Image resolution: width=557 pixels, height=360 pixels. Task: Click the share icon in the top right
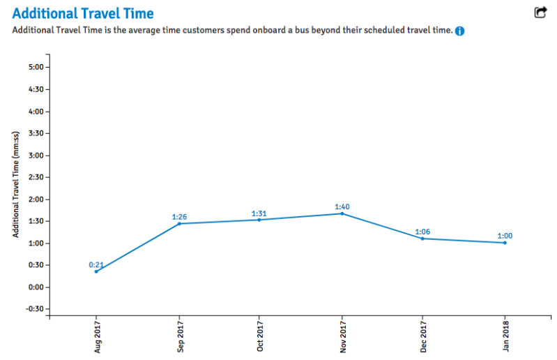tap(540, 13)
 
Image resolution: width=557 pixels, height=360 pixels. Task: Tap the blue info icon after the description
tap(460, 31)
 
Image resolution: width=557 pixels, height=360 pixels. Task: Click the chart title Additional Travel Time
tap(83, 13)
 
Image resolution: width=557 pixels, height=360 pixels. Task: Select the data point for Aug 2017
tap(96, 271)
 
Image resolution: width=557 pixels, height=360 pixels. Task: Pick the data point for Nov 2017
tap(342, 213)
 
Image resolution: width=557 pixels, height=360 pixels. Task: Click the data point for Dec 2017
tap(422, 239)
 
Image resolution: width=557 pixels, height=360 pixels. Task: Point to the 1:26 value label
tap(180, 217)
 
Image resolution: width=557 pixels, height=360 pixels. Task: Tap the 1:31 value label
tap(259, 213)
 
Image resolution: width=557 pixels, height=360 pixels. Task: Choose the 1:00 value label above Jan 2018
tap(505, 236)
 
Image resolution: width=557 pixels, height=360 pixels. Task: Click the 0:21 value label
tap(96, 265)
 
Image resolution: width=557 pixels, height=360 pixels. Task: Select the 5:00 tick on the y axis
tap(35, 68)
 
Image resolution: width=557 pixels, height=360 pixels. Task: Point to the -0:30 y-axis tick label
tap(33, 309)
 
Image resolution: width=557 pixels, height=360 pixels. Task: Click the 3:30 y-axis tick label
tap(35, 133)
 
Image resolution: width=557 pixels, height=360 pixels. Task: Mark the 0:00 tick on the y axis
tap(35, 287)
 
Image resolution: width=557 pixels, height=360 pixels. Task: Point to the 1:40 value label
tap(342, 207)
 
